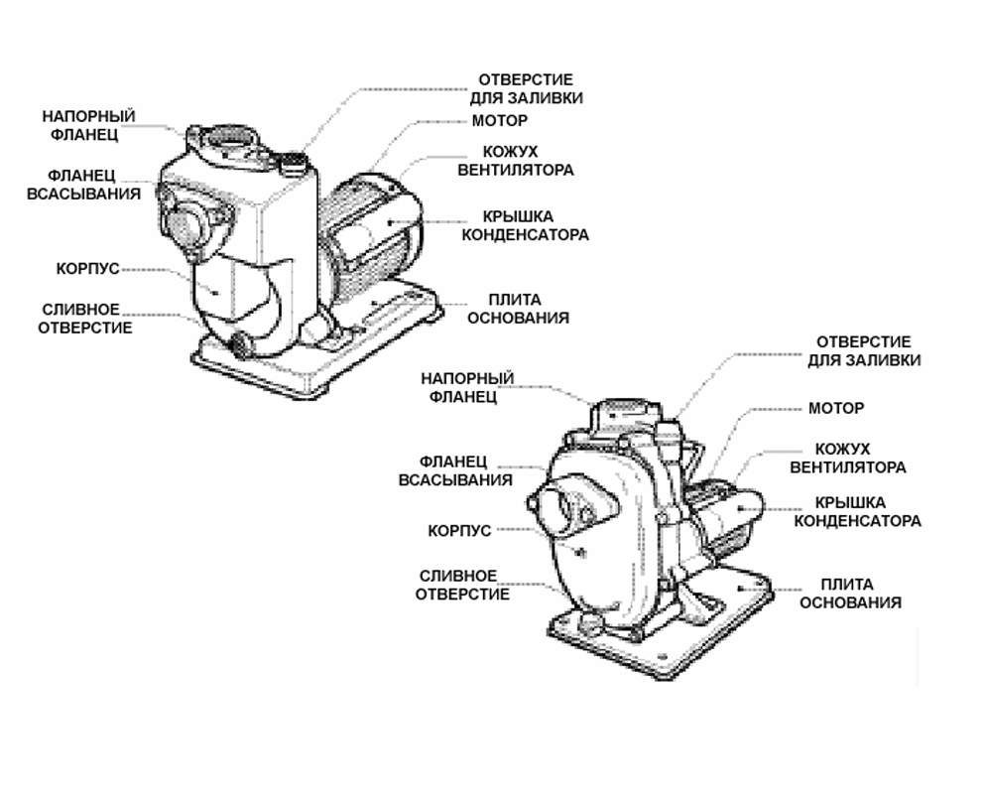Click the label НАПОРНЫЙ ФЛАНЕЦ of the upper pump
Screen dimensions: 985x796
[x=88, y=125]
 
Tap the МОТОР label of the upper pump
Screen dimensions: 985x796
[x=500, y=121]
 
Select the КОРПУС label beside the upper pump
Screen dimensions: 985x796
[x=88, y=269]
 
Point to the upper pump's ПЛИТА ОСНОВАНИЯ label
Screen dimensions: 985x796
[x=518, y=309]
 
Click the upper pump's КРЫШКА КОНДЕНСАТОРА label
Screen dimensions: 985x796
[x=525, y=225]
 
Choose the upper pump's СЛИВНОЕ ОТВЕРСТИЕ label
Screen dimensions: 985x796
[x=84, y=319]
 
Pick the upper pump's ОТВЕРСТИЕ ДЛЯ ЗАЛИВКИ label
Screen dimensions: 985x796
[x=527, y=88]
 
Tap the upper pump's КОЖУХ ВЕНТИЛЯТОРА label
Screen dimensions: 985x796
[x=515, y=161]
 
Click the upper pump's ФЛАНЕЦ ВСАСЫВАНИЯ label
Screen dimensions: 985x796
[x=83, y=185]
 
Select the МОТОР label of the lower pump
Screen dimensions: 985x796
[x=836, y=408]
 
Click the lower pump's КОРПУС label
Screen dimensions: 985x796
[x=459, y=531]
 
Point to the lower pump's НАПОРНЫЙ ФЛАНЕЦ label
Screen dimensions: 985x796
[x=467, y=387]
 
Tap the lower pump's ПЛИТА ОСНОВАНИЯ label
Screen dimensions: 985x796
[x=850, y=594]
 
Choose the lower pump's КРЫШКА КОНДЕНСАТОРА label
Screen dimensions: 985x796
[x=857, y=512]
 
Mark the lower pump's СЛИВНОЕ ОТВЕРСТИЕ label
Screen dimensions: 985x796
[x=462, y=586]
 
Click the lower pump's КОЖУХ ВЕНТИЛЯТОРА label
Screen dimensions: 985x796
[x=847, y=459]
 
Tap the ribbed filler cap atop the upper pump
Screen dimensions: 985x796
[x=291, y=164]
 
